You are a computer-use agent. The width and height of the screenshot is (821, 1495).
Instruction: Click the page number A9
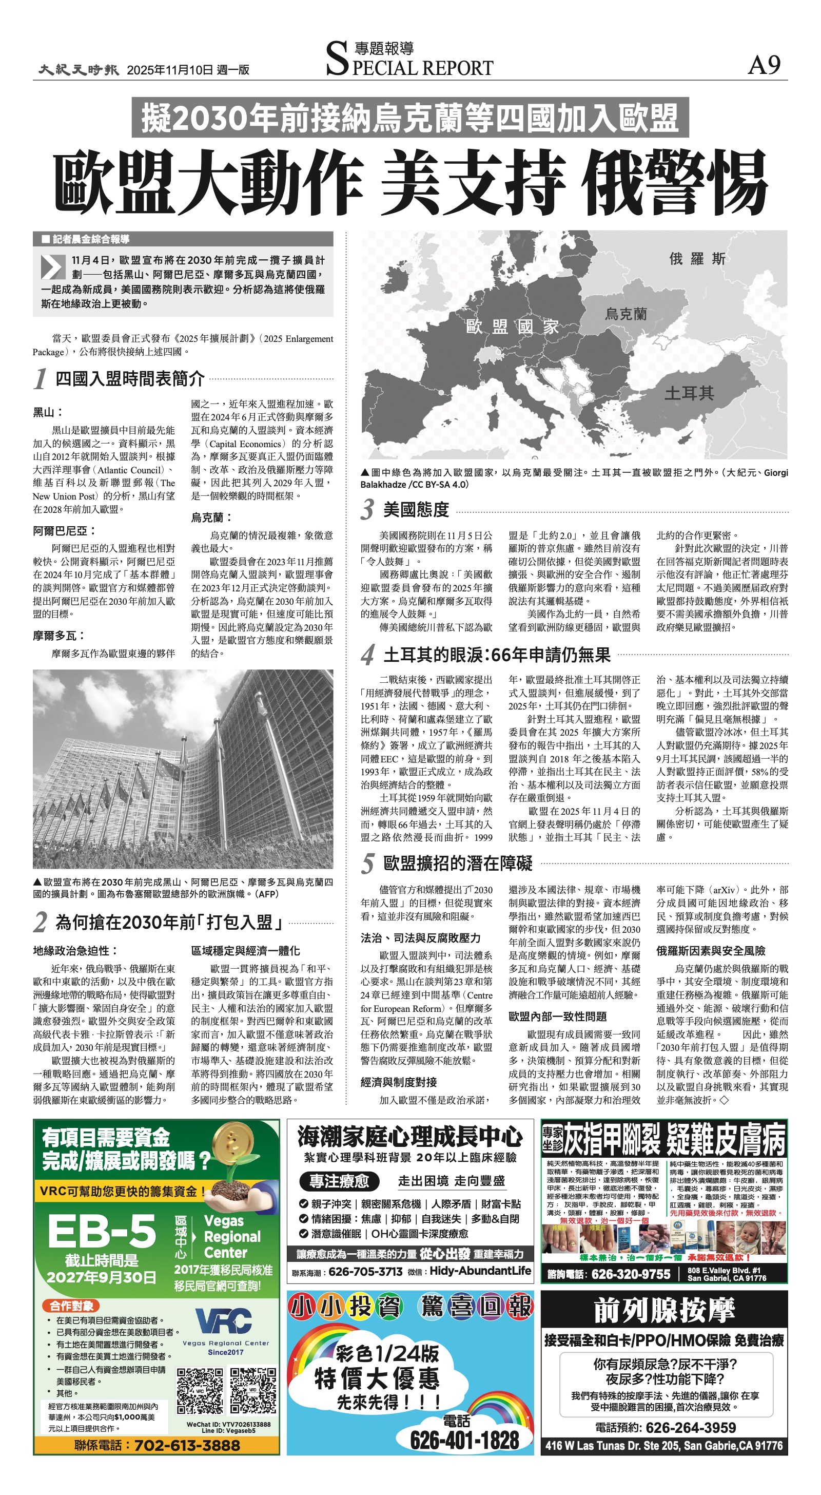coord(764,65)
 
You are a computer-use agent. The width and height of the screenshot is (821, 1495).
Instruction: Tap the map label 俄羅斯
coord(696,259)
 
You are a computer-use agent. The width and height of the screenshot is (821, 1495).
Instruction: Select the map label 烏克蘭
coord(625,314)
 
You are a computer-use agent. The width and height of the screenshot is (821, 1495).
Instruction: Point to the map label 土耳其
coord(689,393)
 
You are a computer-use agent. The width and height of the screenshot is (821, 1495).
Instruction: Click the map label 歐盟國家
coord(512,326)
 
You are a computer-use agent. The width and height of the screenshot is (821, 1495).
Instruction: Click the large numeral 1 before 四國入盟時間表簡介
coord(40,379)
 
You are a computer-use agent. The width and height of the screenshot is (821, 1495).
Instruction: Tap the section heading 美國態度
coord(416,510)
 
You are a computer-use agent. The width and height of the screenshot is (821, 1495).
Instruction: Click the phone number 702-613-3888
coord(186,1445)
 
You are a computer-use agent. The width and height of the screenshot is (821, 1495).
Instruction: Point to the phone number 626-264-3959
coord(690,1427)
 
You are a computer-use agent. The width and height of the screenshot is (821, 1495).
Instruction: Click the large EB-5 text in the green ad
coord(102,1232)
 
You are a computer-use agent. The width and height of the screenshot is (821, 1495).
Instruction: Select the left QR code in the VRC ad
coord(200,1391)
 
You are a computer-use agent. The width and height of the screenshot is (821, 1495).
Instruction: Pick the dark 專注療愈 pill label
coord(339,1181)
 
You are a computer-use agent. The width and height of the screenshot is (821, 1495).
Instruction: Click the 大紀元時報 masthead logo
coord(79,70)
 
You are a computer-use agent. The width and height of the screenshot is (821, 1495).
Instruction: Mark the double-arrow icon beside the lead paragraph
coord(53,266)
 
